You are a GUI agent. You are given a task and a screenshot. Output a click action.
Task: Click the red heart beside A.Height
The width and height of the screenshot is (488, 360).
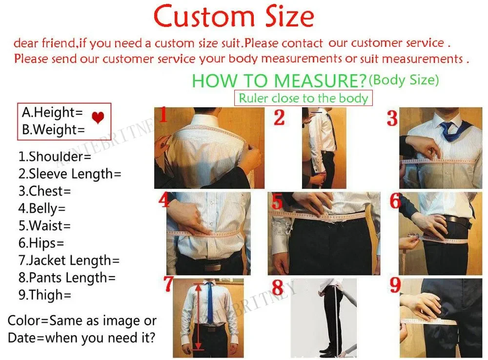[98, 118]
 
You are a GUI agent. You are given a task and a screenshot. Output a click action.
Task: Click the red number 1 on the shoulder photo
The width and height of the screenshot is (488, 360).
[163, 116]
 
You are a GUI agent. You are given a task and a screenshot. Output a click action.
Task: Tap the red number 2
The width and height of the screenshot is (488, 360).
[279, 118]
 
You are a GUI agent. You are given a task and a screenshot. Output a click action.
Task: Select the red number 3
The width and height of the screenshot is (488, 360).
[392, 119]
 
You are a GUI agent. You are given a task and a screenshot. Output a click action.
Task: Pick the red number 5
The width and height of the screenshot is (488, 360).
[277, 201]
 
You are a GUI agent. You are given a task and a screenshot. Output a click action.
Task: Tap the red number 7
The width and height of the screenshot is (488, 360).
[168, 284]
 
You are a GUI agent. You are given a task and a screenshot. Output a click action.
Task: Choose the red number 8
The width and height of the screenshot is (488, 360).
[278, 287]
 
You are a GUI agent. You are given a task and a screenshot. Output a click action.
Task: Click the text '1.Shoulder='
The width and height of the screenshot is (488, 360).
[48, 157]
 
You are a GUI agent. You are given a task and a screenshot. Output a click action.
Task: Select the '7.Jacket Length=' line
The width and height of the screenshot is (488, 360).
[69, 260]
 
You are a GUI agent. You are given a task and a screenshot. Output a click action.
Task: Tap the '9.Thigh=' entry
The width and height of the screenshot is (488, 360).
[45, 295]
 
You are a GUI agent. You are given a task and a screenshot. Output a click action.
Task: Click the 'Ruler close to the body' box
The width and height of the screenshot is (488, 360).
[303, 98]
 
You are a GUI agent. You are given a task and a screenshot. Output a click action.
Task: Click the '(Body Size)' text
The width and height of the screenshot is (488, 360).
[404, 79]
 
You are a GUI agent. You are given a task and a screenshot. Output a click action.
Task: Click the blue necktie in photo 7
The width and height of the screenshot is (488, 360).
[210, 302]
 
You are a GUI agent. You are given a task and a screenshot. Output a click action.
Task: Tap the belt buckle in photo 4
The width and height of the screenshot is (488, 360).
[210, 267]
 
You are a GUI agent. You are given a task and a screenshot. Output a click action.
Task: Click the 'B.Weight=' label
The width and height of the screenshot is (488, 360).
[53, 130]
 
